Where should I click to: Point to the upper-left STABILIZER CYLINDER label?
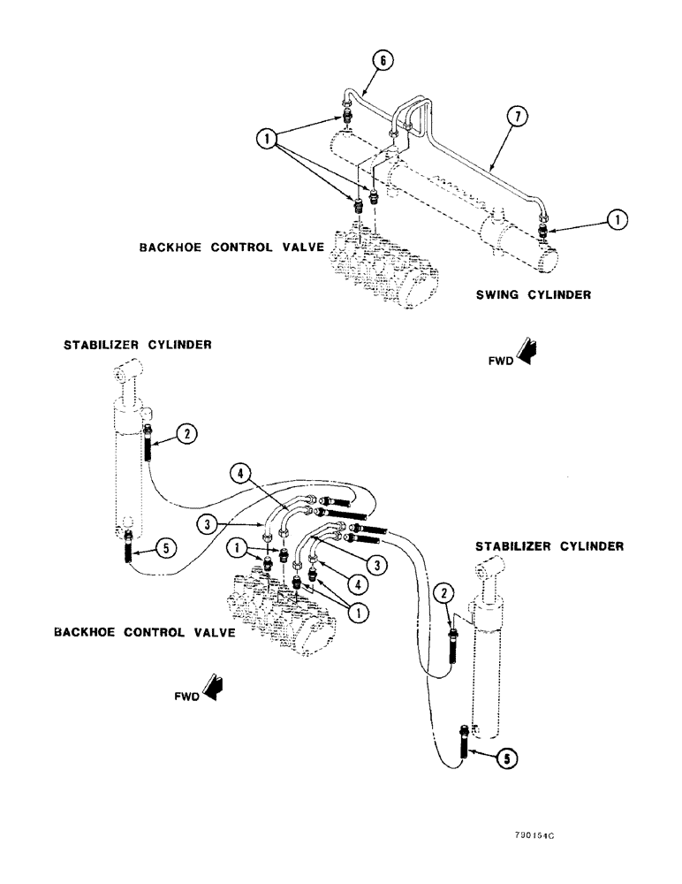(x=137, y=347)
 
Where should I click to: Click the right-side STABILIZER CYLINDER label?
(x=549, y=547)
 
